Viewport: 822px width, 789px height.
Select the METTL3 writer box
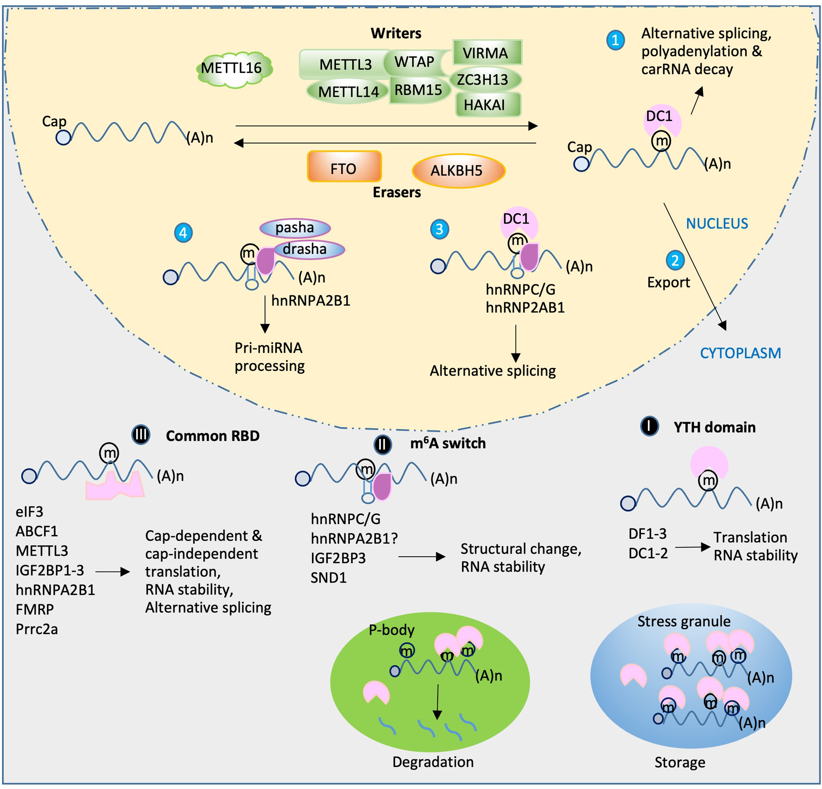point(345,64)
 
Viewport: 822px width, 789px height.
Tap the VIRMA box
point(488,52)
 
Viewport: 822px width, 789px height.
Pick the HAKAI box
point(488,104)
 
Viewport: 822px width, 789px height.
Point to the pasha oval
point(295,228)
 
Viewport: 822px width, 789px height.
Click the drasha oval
point(309,249)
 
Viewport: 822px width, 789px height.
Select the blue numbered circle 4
point(183,233)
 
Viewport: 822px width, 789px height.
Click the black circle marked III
point(140,435)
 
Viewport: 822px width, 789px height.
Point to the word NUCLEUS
point(717,224)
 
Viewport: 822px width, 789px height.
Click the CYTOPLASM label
point(740,353)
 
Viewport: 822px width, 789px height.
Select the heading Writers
point(396,33)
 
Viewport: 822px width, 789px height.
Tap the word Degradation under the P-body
point(433,762)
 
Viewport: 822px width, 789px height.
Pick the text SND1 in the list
point(328,578)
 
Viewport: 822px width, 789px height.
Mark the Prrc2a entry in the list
point(36,629)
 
